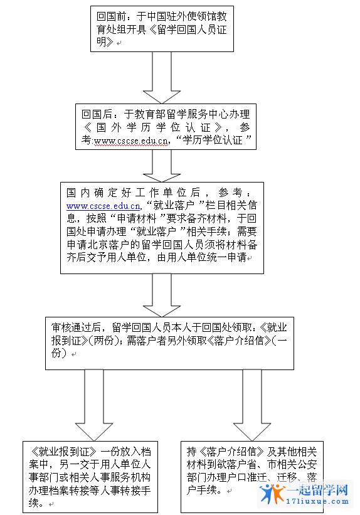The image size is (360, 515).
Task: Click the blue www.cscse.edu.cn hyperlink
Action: [x=103, y=206]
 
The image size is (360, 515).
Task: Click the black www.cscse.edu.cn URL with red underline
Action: [x=131, y=141]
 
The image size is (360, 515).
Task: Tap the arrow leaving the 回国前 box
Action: [x=162, y=78]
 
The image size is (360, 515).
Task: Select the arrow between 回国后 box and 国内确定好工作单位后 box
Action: [x=162, y=166]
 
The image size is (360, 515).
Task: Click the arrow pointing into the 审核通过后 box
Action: [x=162, y=295]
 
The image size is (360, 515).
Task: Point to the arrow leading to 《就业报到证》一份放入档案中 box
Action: [x=94, y=405]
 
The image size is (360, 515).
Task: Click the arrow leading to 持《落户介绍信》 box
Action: [x=252, y=405]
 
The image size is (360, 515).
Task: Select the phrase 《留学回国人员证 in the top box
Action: [x=188, y=29]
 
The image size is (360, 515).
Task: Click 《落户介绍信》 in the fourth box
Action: [x=239, y=340]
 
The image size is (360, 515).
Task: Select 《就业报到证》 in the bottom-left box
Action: [x=63, y=452]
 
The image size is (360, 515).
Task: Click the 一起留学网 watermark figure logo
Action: [x=272, y=493]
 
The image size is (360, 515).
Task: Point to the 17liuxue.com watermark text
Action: [x=317, y=501]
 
